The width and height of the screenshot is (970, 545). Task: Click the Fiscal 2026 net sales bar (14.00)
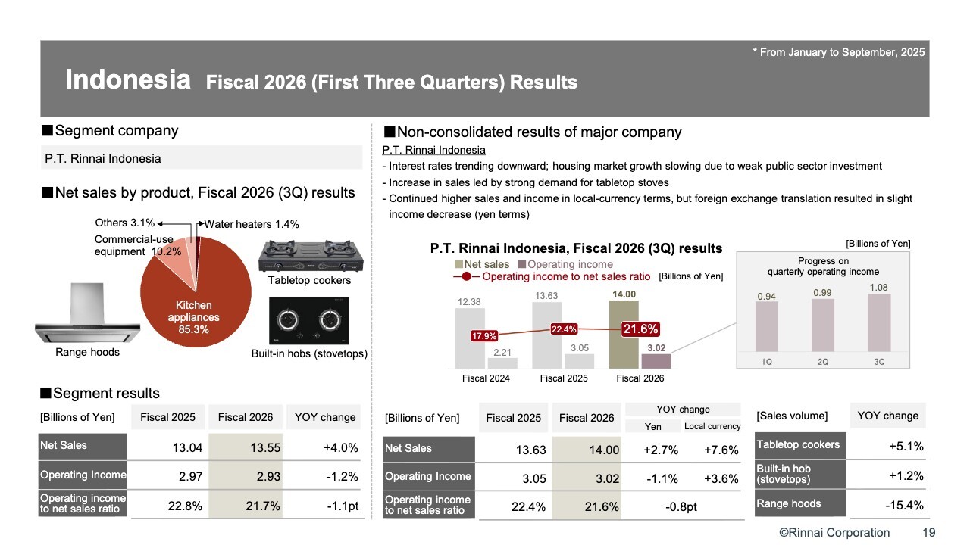coord(624,334)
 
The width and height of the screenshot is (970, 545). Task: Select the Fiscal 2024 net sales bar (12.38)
coord(470,339)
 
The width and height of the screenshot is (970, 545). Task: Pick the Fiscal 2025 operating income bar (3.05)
coord(579,361)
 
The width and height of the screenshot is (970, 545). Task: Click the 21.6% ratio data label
coord(640,329)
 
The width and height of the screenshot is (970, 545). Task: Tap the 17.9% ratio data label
coord(483,336)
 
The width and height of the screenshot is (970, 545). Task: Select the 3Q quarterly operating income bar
coord(879,322)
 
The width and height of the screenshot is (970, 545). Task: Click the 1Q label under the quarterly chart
coord(767,362)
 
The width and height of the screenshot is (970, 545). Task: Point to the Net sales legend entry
coord(482,264)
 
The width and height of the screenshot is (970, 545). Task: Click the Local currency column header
coord(712,427)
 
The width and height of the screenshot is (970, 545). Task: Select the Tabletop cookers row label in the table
coord(798,445)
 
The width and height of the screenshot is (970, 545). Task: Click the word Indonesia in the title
coord(127,80)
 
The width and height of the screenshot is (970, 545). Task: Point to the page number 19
coord(928,533)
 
